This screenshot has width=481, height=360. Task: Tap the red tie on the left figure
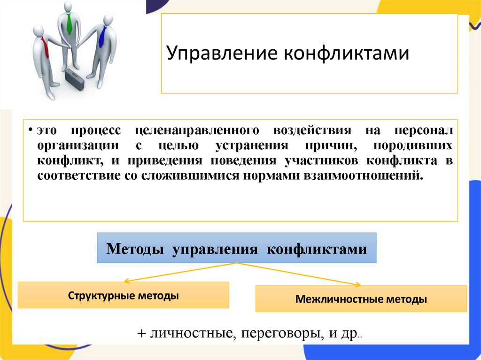coord(45,46)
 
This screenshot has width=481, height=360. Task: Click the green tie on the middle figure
coord(69,24)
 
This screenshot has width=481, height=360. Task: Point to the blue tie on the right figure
coord(101,36)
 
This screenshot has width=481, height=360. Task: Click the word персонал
coord(423,130)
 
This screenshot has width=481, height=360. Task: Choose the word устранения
coord(253,145)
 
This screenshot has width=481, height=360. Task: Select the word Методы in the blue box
coord(136,248)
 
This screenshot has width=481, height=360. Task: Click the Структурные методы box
coord(123,295)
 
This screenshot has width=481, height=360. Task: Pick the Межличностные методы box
coord(361,299)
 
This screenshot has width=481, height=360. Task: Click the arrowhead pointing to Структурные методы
coord(126,281)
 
